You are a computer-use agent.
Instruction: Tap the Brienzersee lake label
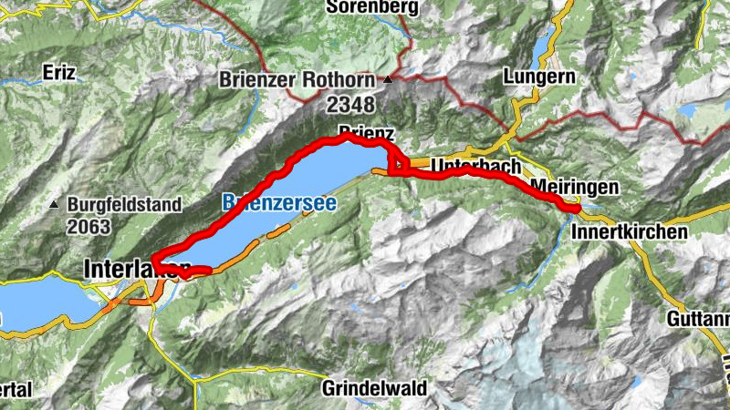point(278,203)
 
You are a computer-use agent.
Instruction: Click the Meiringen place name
point(575,186)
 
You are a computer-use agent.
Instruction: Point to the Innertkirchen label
point(630,232)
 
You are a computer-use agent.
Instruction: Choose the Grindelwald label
point(374,388)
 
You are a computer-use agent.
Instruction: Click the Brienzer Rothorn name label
point(298,80)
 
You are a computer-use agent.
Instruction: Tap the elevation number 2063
point(88,226)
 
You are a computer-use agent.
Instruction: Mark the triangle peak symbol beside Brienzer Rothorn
point(389,80)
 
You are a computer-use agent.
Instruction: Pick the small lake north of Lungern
point(545,41)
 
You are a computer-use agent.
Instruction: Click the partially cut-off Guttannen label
point(698,320)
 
